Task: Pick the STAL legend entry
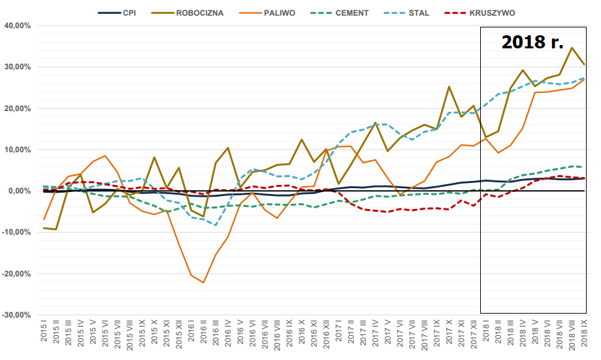tap(418, 12)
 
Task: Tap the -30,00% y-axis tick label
tap(18, 315)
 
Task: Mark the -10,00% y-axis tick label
tap(18, 232)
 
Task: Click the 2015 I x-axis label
tap(44, 335)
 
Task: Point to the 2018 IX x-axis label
tap(584, 335)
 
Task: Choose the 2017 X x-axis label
tap(449, 335)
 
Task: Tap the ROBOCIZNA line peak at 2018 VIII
tap(572, 48)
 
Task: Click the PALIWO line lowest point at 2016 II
tap(204, 283)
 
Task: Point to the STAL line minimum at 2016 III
tap(216, 225)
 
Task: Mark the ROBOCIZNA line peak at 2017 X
tap(449, 87)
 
